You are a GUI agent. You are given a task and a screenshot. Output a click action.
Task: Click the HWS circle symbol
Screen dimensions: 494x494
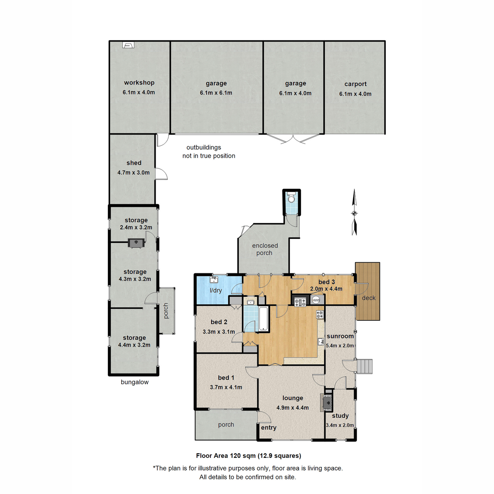point(316,300)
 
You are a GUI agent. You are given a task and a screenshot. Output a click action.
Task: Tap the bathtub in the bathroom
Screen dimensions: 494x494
point(263,319)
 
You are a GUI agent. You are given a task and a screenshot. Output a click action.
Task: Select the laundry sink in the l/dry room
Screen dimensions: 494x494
point(214,280)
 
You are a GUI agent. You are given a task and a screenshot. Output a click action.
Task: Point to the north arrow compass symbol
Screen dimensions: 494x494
point(354,213)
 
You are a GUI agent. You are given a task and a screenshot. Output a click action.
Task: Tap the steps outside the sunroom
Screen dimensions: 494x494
point(364,366)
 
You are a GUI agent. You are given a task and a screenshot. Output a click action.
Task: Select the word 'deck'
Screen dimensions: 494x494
point(368,298)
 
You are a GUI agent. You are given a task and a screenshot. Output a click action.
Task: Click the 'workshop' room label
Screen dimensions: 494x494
point(139,83)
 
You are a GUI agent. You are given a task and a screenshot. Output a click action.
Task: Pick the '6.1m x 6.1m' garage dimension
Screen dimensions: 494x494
point(216,93)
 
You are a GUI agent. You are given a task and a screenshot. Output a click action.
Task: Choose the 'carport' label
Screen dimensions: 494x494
point(355,84)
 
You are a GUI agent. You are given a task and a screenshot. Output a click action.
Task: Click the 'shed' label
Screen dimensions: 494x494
point(134,163)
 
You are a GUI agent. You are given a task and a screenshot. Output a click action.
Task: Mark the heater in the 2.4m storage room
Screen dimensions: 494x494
point(136,243)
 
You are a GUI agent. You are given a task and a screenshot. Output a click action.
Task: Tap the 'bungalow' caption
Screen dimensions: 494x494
point(135,382)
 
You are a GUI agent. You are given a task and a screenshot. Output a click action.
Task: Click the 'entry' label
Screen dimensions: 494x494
point(268,428)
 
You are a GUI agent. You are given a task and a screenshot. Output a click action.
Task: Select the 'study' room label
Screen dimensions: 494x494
point(340,416)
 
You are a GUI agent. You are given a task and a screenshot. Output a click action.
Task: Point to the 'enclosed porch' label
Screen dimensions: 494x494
point(265,249)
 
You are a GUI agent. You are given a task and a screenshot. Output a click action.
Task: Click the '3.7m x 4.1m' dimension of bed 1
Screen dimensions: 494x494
point(226,387)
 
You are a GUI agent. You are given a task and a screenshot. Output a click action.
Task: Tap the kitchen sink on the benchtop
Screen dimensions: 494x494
point(320,342)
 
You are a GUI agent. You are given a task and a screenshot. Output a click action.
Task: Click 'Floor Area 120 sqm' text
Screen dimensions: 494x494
point(226,456)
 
